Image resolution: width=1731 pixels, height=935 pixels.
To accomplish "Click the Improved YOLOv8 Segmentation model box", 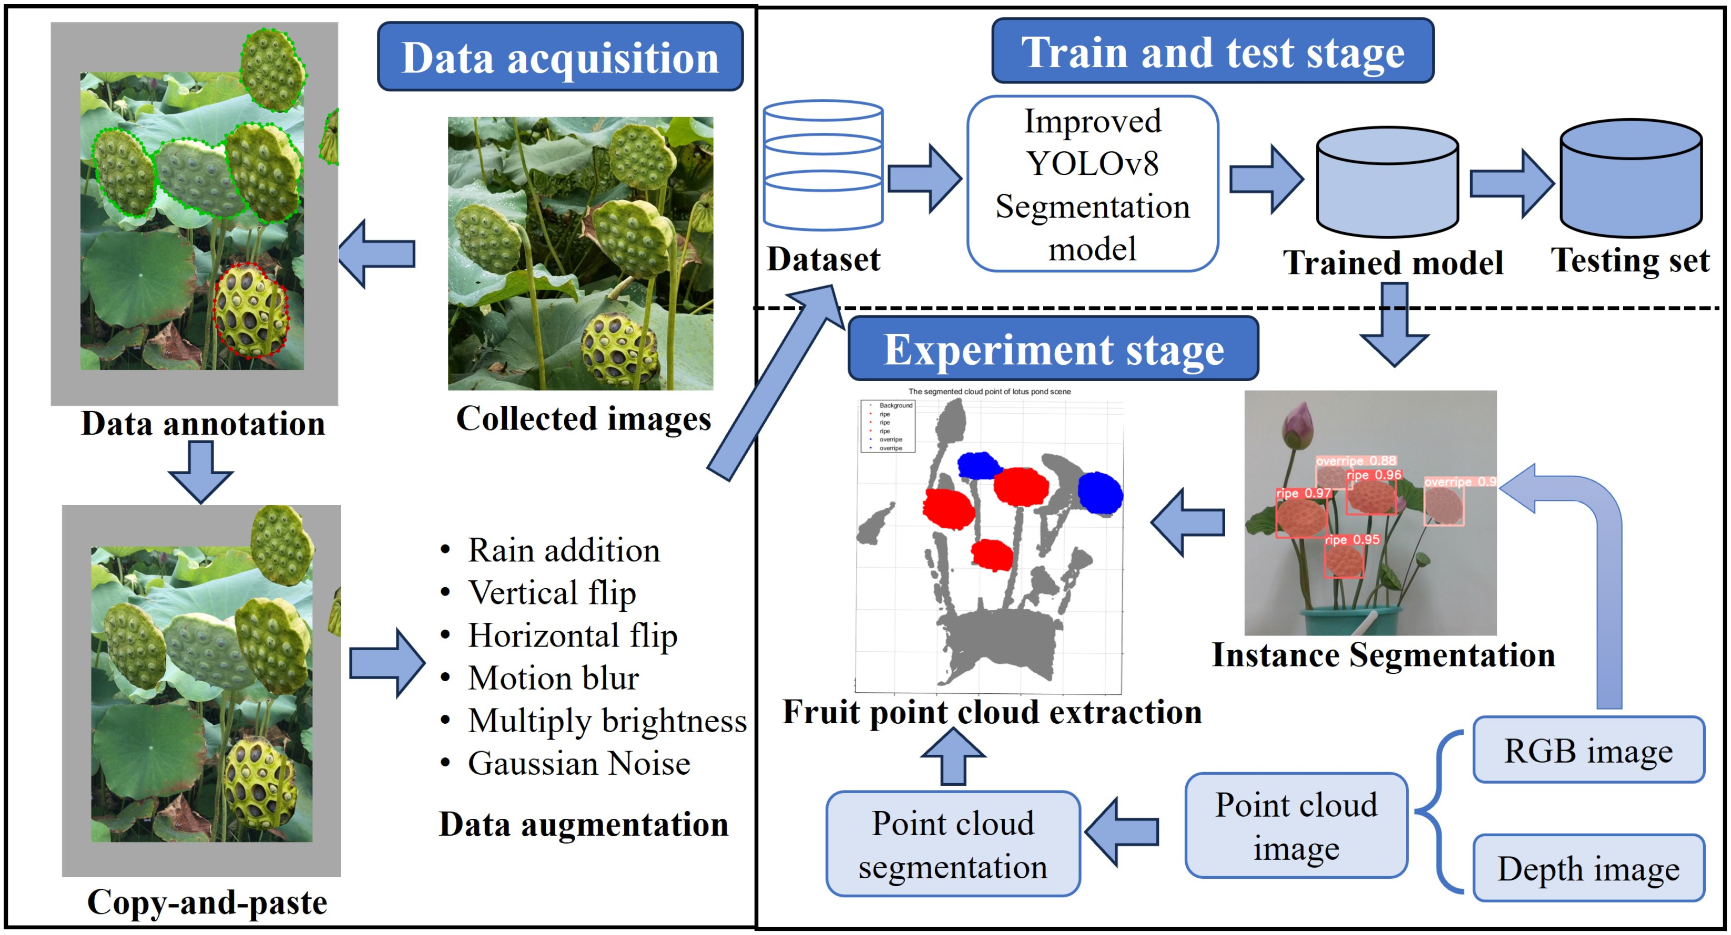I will coord(1092,184).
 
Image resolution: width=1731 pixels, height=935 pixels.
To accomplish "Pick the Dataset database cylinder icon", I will coord(822,165).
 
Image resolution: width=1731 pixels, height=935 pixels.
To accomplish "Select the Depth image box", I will coord(1588,868).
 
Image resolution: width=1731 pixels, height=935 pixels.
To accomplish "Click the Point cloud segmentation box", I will coord(952,844).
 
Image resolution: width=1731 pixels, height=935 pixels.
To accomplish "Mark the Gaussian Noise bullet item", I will coord(578,764).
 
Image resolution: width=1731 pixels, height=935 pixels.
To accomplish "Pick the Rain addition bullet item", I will coord(563,551).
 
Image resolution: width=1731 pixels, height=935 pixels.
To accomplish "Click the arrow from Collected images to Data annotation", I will coord(378,254).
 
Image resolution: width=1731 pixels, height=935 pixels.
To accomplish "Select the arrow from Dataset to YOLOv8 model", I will coord(924,179).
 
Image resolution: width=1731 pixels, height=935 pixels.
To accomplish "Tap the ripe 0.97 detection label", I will coord(1303,494).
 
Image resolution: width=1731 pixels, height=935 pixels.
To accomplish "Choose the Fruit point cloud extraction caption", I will coord(992,712).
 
